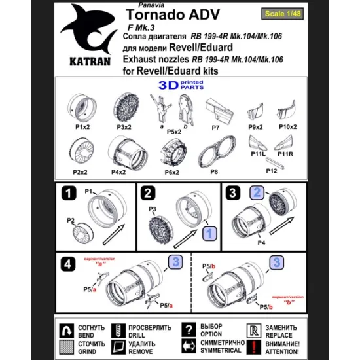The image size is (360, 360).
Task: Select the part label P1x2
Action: click(82, 126)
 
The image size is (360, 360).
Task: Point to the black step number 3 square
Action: click(232, 193)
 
